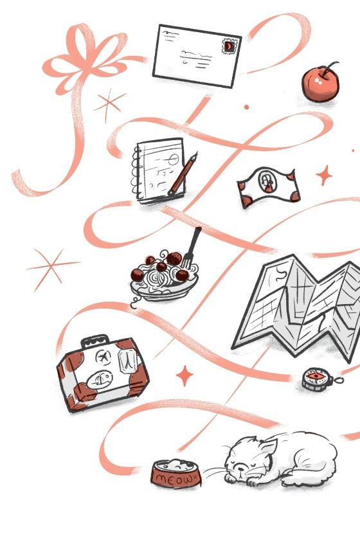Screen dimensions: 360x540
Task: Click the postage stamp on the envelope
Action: tap(230, 46)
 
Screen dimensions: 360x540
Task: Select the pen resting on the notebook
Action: tap(183, 175)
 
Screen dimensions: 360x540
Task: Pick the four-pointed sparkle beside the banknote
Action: tap(324, 175)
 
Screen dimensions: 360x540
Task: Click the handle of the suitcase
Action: tap(95, 341)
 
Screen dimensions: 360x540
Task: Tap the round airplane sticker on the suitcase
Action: tap(103, 357)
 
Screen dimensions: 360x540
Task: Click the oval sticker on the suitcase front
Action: tap(100, 381)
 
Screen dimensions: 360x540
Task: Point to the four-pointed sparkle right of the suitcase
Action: tap(184, 375)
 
